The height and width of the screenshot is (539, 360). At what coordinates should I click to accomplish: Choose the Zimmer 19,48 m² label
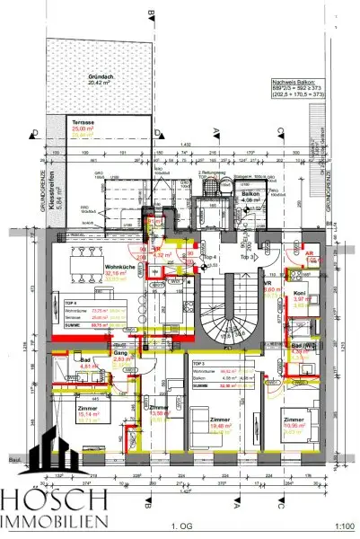pos(218,424)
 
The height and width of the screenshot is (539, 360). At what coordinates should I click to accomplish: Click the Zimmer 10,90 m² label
pos(294,422)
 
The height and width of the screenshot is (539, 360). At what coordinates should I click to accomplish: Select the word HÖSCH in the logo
pos(54,500)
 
